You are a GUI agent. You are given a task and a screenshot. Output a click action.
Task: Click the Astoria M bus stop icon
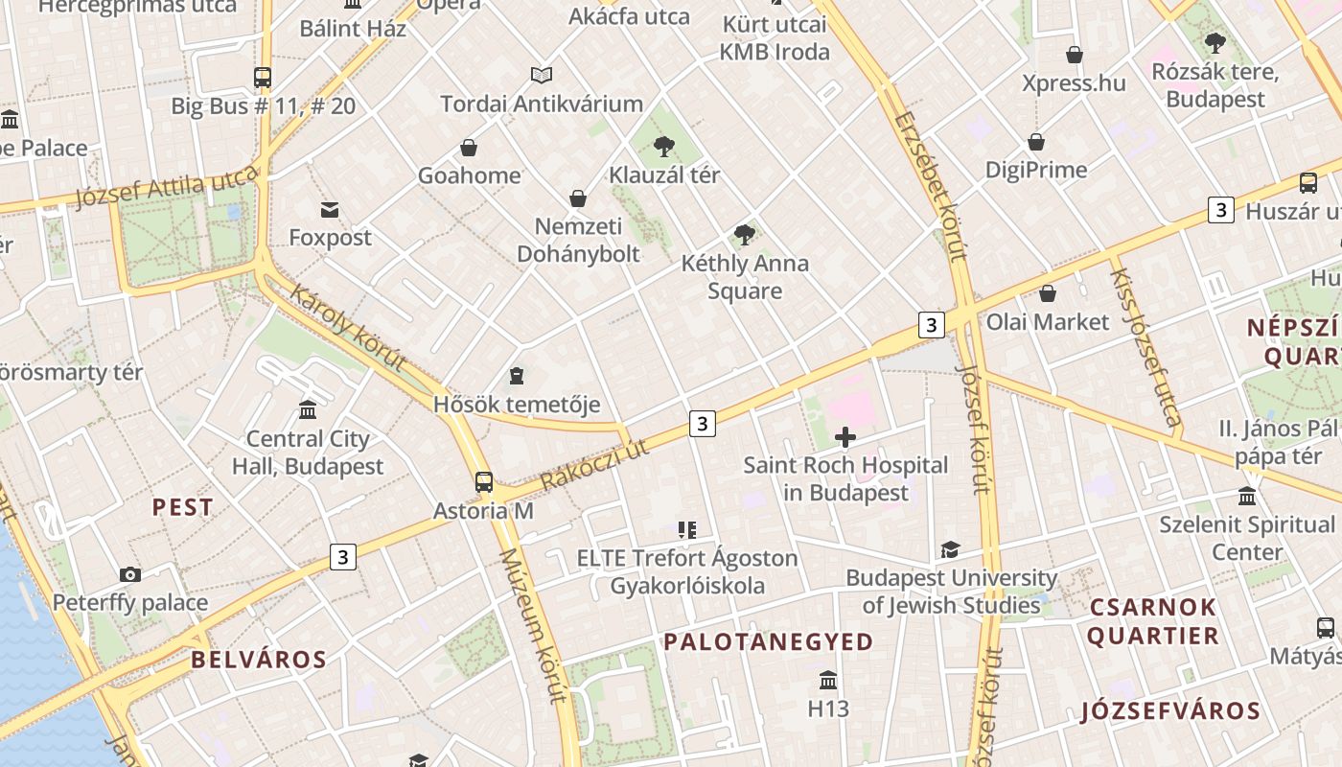484,481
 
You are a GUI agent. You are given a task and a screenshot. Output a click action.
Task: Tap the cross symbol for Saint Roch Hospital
845,438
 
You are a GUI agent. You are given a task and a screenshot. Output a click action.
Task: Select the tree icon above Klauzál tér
663,147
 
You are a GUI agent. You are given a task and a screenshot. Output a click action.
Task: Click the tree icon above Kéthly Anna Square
744,235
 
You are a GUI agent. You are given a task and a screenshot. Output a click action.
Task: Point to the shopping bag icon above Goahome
469,148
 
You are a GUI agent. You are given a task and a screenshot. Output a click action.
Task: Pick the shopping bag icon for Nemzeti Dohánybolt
578,198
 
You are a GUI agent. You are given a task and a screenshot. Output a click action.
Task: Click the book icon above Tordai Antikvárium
542,75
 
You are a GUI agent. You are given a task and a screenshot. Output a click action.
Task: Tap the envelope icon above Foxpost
330,210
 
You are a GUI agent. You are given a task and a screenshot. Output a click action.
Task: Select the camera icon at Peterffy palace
130,575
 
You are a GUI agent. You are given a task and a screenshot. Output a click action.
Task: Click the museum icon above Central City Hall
308,410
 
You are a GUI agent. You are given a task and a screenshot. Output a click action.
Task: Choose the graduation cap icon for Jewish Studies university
950,549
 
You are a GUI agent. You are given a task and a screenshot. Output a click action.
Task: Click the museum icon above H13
828,681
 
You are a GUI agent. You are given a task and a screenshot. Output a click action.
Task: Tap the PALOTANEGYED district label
768,641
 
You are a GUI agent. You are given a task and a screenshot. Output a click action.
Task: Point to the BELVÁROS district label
259,659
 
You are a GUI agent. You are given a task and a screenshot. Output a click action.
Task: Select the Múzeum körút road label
532,625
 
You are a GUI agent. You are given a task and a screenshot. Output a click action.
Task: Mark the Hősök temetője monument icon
517,376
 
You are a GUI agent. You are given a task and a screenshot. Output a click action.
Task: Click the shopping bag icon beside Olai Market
1048,293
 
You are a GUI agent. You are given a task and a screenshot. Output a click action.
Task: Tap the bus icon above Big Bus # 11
263,77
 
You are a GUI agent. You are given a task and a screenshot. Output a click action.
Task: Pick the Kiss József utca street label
1145,345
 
